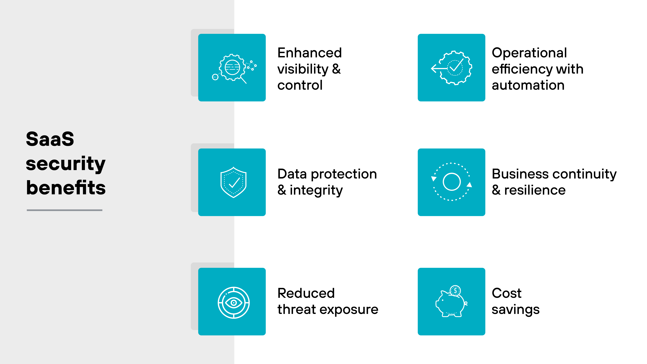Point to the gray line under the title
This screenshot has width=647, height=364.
[x=65, y=210]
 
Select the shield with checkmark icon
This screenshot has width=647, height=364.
[x=233, y=182]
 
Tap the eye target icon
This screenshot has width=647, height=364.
[x=233, y=302]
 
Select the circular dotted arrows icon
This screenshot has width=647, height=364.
[x=451, y=182]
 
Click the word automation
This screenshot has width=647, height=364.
[x=528, y=85]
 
